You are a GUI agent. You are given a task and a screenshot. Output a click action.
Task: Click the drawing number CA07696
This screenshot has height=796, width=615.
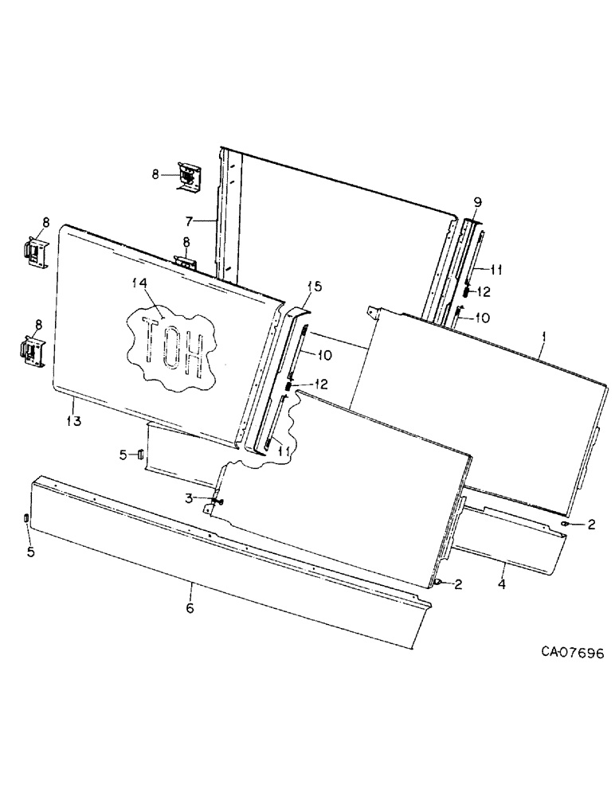571,652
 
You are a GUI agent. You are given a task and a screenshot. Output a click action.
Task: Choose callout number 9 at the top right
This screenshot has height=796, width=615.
478,202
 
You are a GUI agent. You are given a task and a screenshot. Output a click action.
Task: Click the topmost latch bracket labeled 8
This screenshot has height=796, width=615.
190,175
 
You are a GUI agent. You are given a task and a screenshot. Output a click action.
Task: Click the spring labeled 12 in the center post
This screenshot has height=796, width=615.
290,387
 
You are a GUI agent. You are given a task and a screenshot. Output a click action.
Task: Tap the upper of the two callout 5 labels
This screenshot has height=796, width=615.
123,455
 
